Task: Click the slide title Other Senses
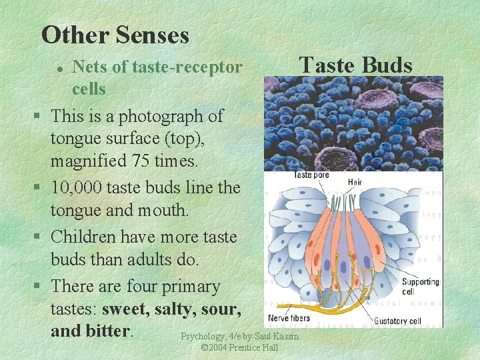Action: [x=115, y=35]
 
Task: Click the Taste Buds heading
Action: [x=356, y=65]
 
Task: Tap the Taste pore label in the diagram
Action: [x=312, y=175]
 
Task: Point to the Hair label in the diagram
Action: [x=355, y=181]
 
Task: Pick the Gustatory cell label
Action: [x=397, y=321]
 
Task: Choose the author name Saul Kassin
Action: [x=277, y=337]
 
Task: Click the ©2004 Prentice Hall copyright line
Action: [x=239, y=349]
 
